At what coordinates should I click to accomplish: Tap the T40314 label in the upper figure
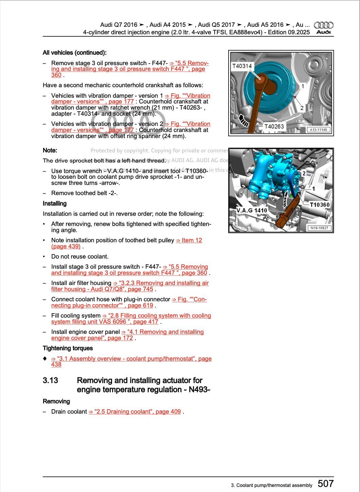(x=242, y=66)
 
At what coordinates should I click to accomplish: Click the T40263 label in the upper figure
(x=274, y=127)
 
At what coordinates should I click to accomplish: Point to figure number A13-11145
(x=318, y=130)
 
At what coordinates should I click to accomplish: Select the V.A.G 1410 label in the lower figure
(x=252, y=210)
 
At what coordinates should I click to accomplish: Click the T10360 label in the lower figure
(x=320, y=205)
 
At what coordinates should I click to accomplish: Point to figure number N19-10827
(x=319, y=228)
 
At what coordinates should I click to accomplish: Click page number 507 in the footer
(x=325, y=484)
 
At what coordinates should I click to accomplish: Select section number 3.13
(x=50, y=380)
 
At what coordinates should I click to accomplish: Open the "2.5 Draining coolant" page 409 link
(x=134, y=412)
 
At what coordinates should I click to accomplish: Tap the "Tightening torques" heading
(x=68, y=348)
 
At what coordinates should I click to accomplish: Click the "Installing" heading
(x=55, y=204)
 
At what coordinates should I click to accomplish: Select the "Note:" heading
(x=50, y=150)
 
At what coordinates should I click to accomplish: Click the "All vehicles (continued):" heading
(x=74, y=53)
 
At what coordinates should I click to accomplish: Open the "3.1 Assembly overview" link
(x=131, y=359)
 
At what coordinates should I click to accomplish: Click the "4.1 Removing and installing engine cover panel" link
(x=162, y=332)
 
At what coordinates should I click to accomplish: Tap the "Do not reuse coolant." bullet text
(x=80, y=257)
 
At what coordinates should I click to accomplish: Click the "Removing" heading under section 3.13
(x=56, y=401)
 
